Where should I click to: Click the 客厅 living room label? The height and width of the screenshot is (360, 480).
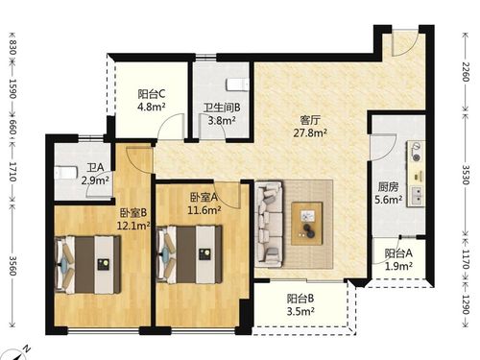point(310,120)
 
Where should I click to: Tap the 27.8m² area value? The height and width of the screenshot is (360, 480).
point(310,134)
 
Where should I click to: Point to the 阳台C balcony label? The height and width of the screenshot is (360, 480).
point(152,94)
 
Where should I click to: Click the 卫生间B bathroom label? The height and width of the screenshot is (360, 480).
point(222,108)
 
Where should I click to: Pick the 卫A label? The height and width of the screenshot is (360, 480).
point(95,164)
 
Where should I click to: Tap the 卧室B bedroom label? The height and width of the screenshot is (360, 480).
point(133,212)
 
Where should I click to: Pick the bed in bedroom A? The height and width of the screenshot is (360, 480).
point(193,252)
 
